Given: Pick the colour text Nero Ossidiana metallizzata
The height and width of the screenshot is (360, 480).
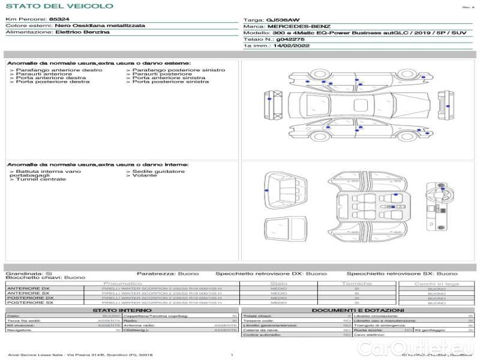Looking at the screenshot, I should pyautogui.click(x=100, y=26).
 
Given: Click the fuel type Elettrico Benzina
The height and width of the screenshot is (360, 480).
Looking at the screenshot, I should pyautogui.click(x=82, y=32).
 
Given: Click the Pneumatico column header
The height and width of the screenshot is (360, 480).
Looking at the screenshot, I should pyautogui.click(x=122, y=283).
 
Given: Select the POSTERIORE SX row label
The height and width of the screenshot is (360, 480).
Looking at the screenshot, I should pyautogui.click(x=29, y=303).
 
